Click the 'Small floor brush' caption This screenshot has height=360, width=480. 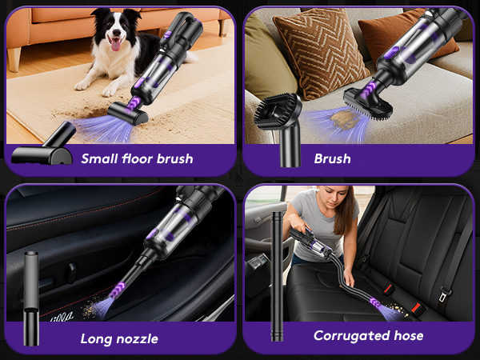pyautogui.click(x=137, y=158)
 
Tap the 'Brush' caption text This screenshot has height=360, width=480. pyautogui.click(x=332, y=158)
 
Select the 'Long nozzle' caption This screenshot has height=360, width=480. pyautogui.click(x=119, y=338)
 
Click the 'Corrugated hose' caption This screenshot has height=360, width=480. pyautogui.click(x=368, y=335)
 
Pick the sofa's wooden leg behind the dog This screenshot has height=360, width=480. pyautogui.click(x=14, y=58)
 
